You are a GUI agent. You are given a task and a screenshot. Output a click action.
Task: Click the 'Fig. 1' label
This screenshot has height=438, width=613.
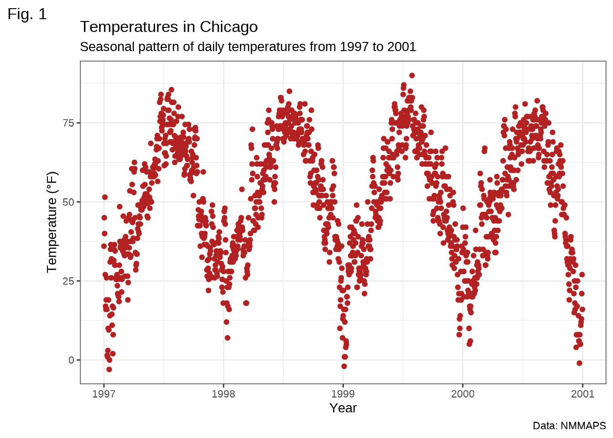click(27, 14)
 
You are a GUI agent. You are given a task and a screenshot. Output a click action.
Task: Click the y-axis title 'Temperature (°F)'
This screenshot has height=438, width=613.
click(52, 222)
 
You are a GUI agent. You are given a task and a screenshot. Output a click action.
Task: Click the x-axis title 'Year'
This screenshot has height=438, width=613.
click(343, 408)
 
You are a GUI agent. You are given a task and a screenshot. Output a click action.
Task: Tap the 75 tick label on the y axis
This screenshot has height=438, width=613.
click(68, 123)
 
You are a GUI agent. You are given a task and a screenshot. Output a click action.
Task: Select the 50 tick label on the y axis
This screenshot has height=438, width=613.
click(68, 202)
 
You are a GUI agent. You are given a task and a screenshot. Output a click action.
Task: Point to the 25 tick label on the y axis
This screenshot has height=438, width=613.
click(68, 281)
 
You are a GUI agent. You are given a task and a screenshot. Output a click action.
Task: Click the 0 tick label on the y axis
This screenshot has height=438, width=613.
click(71, 360)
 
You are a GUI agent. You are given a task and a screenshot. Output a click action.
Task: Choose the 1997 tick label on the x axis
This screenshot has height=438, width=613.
click(104, 394)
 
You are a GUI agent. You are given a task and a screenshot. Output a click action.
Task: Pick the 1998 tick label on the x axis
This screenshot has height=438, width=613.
click(223, 394)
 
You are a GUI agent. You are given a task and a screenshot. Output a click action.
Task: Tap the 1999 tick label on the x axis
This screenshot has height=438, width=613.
click(343, 394)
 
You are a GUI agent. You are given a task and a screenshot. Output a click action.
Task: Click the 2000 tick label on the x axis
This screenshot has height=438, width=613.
click(463, 394)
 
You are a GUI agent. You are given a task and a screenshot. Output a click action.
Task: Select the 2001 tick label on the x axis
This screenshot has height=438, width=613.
click(582, 394)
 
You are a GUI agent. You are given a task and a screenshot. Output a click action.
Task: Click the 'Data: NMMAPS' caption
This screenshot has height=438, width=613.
click(569, 426)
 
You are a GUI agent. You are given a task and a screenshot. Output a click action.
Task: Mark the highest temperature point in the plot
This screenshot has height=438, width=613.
click(412, 75)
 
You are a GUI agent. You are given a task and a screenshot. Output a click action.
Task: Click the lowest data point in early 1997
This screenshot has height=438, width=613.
click(109, 370)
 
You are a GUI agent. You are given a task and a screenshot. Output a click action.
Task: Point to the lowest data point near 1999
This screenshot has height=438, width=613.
click(344, 366)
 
